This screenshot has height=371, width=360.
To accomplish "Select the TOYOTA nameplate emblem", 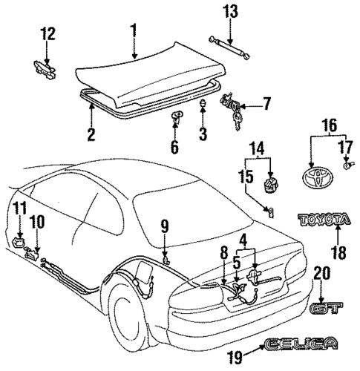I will [x=323, y=220].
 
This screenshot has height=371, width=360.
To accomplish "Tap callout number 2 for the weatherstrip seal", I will [x=90, y=134].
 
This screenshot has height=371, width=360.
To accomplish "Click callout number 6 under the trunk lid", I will [x=174, y=146].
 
